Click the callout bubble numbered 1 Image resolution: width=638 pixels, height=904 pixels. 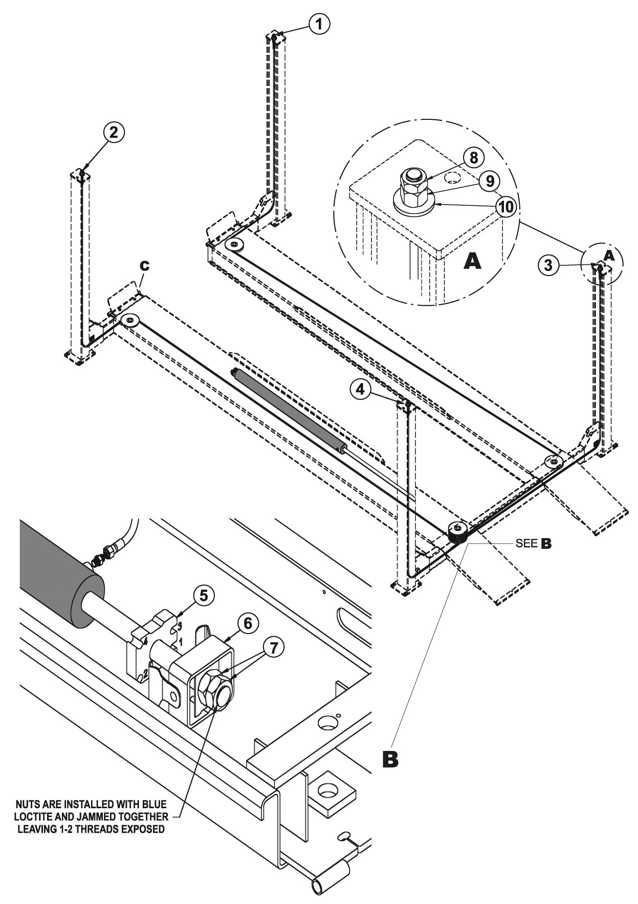pos(319,24)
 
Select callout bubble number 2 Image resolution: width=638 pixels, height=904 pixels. pos(114,132)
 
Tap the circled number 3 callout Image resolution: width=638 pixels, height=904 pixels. pos(548,265)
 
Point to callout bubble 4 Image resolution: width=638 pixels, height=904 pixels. pos(361,389)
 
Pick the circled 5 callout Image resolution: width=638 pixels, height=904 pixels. pos(204,595)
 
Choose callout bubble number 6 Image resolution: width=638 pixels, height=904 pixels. pos(248,623)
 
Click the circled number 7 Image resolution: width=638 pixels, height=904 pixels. pos(274,648)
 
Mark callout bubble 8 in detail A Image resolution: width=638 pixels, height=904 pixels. pos(474,158)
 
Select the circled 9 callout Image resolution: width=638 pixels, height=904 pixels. pos(490,181)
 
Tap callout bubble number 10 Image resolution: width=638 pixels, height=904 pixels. pos(506,207)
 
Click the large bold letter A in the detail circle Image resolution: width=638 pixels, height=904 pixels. pos(472,261)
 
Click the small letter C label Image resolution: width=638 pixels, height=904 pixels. pos(145,265)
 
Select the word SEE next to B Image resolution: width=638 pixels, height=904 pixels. pos(526,543)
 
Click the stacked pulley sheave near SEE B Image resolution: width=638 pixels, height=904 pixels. pos(458,532)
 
